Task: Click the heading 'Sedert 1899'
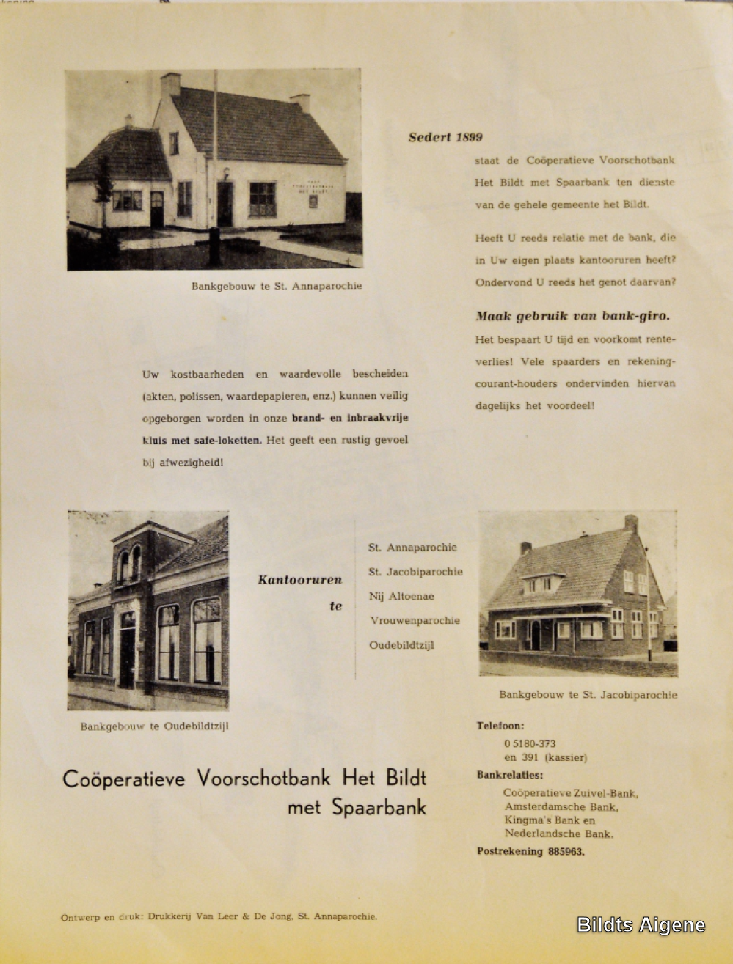[445, 137]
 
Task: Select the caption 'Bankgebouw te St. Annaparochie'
[277, 286]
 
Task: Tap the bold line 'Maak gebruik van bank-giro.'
[572, 317]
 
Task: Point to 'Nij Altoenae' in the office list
[401, 596]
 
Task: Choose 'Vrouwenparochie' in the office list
[415, 620]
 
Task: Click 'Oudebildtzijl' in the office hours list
[401, 645]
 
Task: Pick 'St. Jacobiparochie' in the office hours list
[415, 572]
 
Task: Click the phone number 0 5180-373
[530, 743]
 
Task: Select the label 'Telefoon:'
[500, 726]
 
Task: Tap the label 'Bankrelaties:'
[510, 775]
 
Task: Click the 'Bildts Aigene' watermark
[641, 925]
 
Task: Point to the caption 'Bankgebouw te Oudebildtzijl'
[154, 727]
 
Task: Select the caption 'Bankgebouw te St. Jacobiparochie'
[588, 695]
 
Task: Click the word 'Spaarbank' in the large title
[379, 808]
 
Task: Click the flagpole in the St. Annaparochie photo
[215, 161]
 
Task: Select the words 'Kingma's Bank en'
[550, 820]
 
